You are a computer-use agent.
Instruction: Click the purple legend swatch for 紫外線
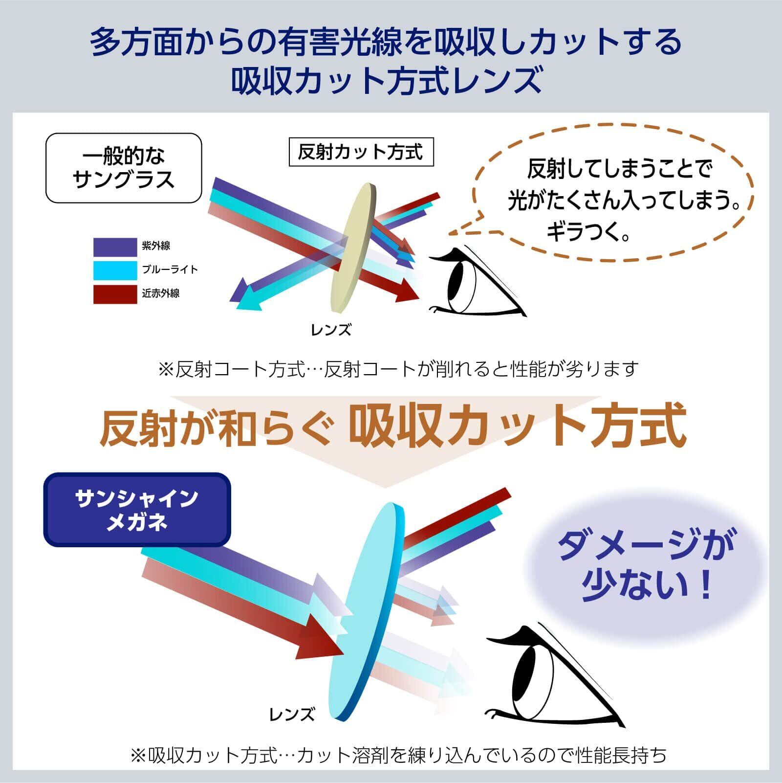click(115, 247)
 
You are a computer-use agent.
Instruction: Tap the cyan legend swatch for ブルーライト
click(115, 270)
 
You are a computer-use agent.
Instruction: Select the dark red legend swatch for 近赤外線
click(115, 294)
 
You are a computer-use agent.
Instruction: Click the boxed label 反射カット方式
click(361, 152)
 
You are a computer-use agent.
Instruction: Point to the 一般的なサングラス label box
click(124, 168)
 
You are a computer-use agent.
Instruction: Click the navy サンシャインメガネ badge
click(137, 510)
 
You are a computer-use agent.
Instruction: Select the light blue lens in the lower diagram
click(367, 611)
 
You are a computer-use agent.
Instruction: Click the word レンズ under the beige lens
click(331, 330)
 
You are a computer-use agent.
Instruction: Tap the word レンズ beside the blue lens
click(292, 715)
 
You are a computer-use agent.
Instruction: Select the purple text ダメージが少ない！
click(645, 565)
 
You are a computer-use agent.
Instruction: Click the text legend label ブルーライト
click(170, 269)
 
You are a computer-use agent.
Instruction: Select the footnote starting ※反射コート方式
click(398, 369)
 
